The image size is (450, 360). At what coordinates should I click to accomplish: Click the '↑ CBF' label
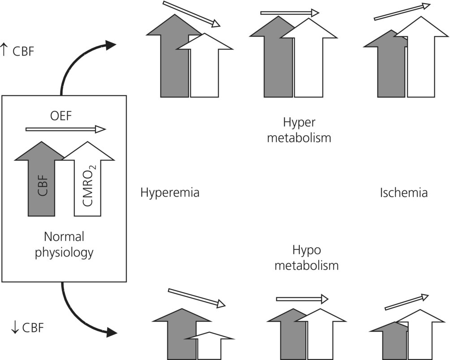17,51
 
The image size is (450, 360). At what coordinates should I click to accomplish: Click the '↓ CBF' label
27,328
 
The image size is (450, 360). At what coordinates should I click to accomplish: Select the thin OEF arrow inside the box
65,129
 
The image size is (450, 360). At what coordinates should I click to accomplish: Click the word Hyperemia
170,193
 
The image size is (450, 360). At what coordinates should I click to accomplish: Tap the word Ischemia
403,193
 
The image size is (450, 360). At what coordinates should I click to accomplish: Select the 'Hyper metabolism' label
299,130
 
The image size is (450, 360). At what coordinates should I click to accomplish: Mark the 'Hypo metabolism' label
306,257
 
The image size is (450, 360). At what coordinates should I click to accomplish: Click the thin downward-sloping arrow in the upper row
191,14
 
